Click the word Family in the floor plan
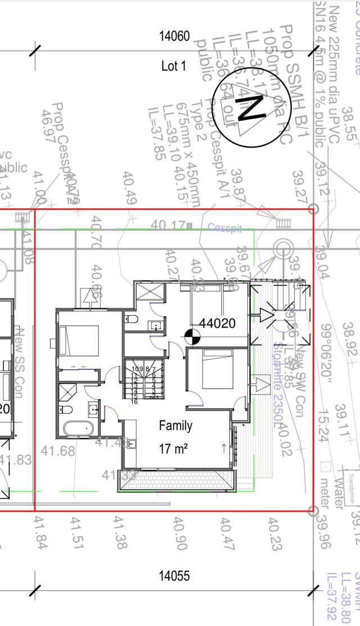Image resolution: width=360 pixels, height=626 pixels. [175, 425]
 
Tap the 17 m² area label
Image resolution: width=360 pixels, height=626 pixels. [173, 449]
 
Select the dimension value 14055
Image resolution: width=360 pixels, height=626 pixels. [174, 576]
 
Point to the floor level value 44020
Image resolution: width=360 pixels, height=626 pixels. [217, 323]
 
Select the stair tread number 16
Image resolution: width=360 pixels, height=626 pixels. [134, 401]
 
